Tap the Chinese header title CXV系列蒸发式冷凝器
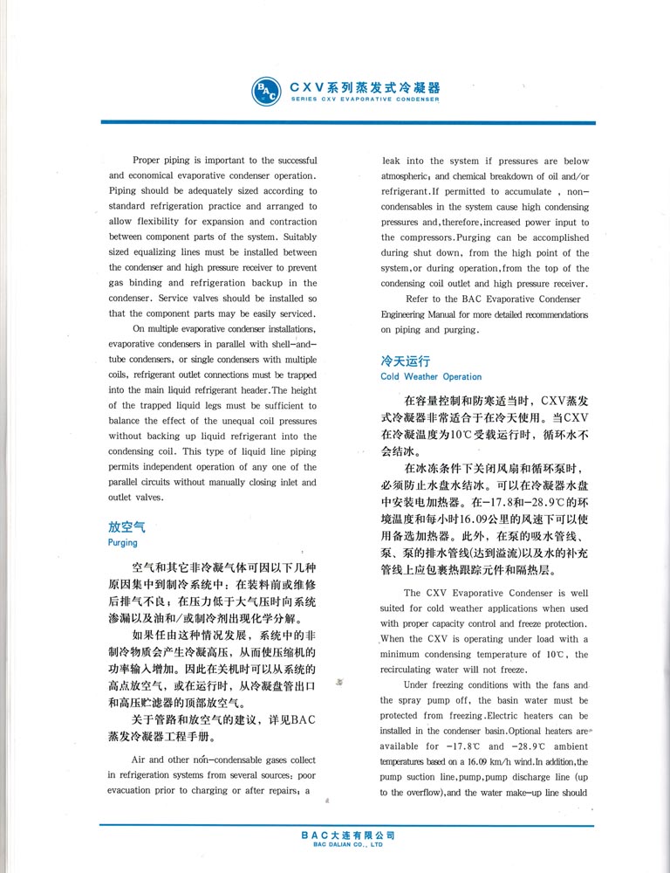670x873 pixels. [x=365, y=87]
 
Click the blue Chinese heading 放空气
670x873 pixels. [x=126, y=527]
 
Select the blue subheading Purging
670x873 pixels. [x=122, y=542]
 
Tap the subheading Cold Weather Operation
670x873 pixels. [x=431, y=377]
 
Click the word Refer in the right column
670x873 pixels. [x=418, y=299]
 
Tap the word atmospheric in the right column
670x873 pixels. [x=411, y=176]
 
